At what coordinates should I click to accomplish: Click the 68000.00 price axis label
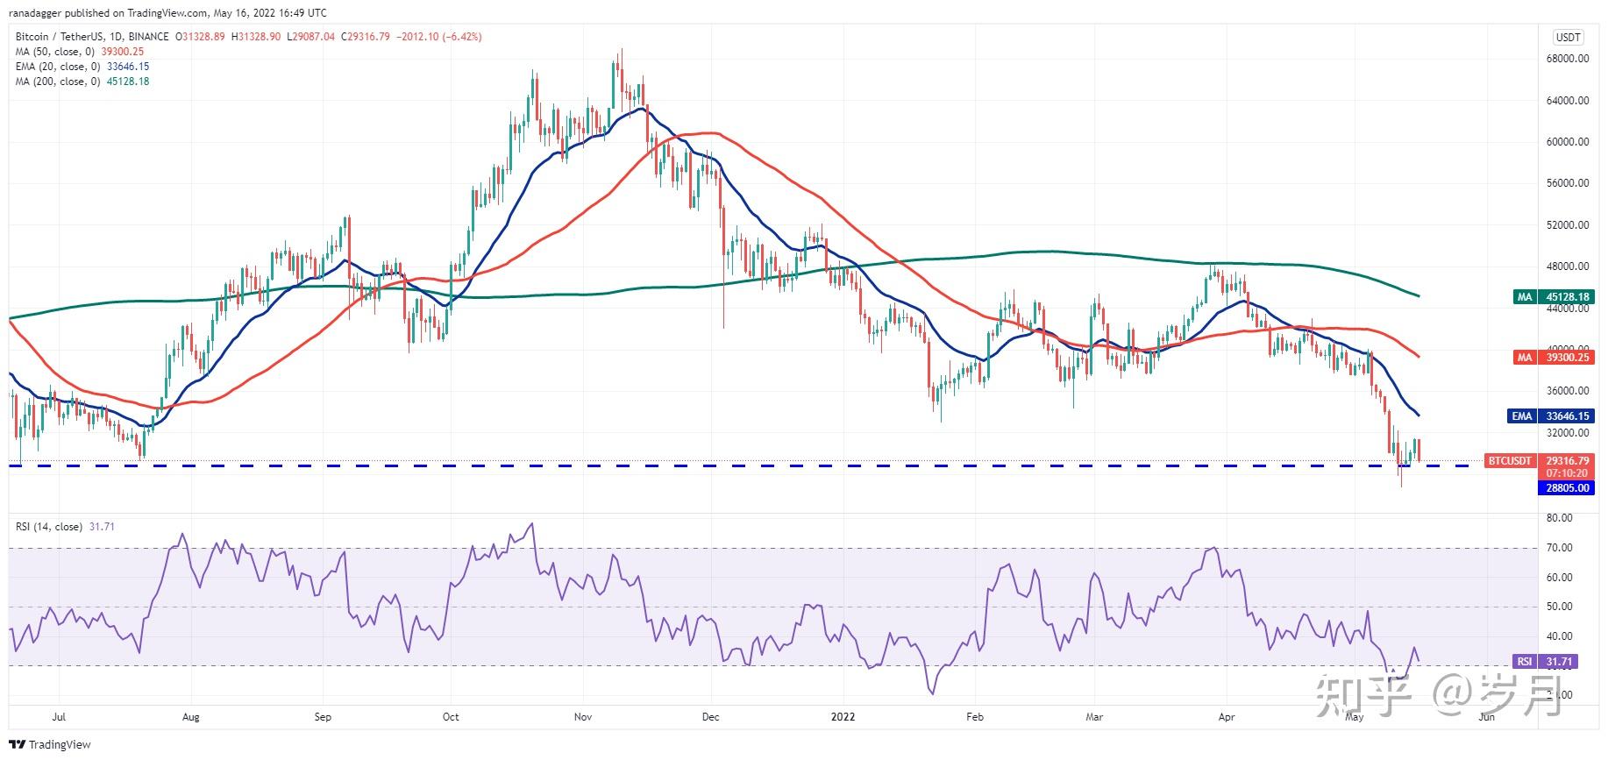coord(1567,59)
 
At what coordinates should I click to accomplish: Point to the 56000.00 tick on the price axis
coord(1567,183)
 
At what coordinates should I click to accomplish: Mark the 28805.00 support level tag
coord(1566,487)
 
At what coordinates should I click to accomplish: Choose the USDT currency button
coord(1568,37)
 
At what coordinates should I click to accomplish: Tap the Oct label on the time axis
coord(451,717)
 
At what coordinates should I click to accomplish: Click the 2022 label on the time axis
coord(843,717)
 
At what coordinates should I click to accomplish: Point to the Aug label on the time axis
coord(190,717)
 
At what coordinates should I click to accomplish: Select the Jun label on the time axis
coord(1487,717)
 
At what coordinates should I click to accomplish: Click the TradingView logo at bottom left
coord(53,745)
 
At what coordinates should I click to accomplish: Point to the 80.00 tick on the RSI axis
coord(1560,518)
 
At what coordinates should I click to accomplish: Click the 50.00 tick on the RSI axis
coord(1560,607)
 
